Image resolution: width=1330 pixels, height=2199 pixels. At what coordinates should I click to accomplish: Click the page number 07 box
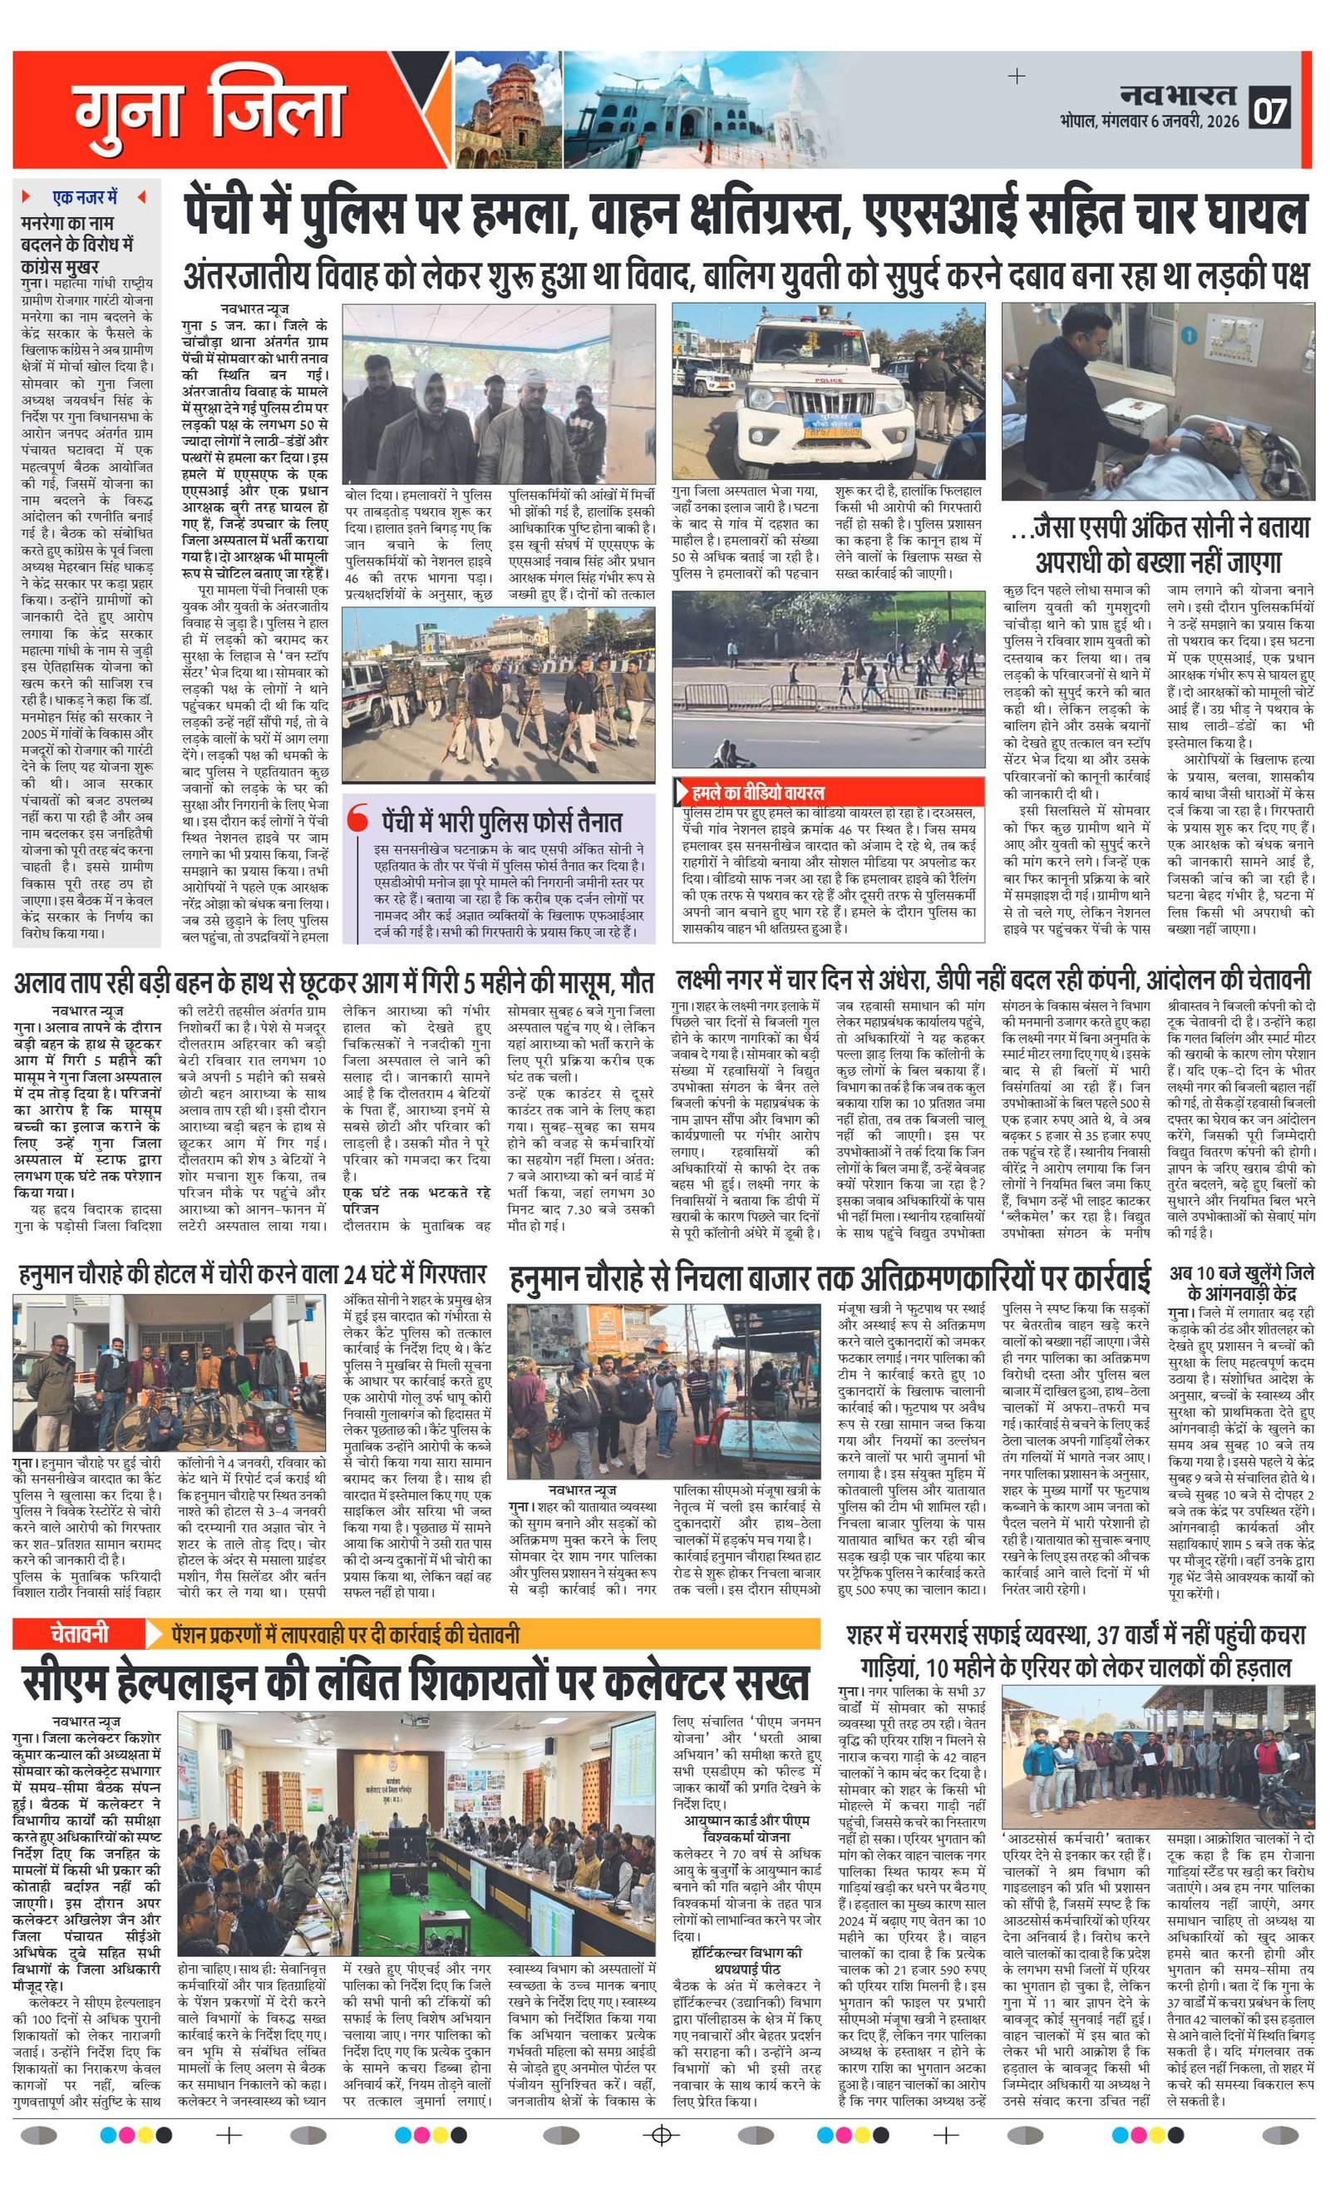tap(1271, 111)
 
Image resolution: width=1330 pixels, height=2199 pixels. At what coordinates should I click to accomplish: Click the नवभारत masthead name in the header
tap(1179, 94)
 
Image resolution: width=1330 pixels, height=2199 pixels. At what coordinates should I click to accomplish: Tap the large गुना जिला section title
tap(209, 111)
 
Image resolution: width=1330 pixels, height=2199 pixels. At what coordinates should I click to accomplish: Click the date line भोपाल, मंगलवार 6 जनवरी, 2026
tap(1150, 121)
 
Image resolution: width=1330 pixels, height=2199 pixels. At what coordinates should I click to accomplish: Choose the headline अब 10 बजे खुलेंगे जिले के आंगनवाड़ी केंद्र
tap(1241, 1282)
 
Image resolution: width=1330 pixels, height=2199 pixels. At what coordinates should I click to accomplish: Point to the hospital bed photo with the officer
tap(1157, 400)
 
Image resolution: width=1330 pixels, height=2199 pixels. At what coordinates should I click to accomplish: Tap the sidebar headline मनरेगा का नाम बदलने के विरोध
tap(78, 243)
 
